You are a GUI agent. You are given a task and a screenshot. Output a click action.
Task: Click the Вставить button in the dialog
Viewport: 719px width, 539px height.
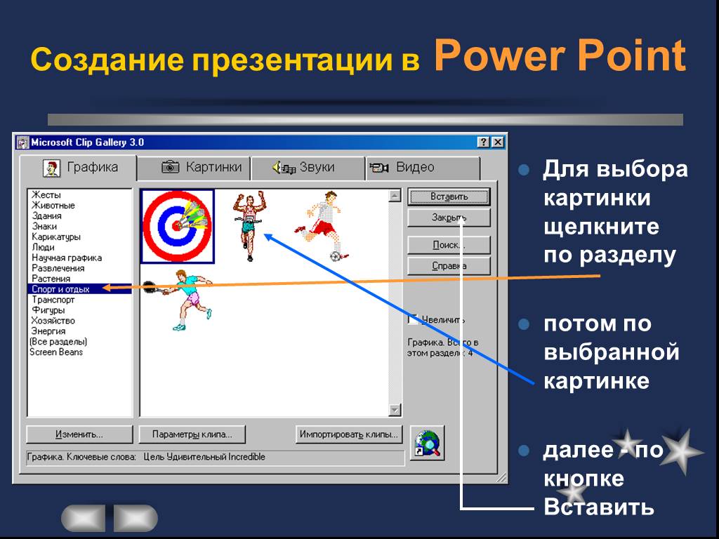coord(449,197)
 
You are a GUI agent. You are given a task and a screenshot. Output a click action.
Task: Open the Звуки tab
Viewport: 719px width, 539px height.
coord(308,168)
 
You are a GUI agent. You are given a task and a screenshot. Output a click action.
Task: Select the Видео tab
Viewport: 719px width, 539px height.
coord(422,168)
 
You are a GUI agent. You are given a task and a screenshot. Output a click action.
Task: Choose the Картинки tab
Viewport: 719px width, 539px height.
coord(194,168)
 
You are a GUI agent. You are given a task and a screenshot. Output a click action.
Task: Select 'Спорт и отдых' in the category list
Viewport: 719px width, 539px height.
coord(60,289)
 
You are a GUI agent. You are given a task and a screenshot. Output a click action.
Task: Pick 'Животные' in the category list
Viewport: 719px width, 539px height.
coord(53,206)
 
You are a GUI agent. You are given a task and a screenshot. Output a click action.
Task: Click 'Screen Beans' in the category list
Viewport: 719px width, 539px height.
coord(56,352)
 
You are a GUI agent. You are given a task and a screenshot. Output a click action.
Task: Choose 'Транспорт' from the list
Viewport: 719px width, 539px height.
coord(53,300)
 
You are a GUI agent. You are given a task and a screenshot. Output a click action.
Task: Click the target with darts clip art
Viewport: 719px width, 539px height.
coord(178,227)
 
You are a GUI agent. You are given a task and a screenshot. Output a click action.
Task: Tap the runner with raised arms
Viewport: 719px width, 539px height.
coord(249,225)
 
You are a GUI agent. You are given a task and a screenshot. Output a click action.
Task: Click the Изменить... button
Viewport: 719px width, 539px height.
coord(79,434)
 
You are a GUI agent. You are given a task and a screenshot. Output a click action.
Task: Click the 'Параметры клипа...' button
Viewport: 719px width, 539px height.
coord(192,434)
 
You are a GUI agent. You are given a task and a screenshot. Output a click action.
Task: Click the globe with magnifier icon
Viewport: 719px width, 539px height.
coord(427,444)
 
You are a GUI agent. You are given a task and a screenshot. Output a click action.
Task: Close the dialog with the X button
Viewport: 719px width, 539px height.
coord(498,142)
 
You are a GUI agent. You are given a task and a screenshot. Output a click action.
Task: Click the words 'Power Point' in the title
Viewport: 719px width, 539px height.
coord(560,56)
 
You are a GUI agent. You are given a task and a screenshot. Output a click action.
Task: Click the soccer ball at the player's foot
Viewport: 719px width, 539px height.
coord(336,255)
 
